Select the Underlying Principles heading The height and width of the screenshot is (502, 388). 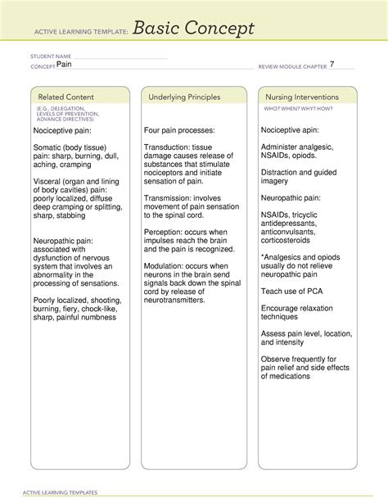pyautogui.click(x=184, y=97)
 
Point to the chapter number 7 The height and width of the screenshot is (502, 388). pyautogui.click(x=332, y=64)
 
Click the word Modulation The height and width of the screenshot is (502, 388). pyautogui.click(x=169, y=266)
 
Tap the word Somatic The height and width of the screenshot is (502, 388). pyautogui.click(x=51, y=147)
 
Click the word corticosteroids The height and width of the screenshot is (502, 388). pyautogui.click(x=291, y=240)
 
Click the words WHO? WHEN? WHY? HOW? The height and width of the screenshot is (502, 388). pyautogui.click(x=297, y=108)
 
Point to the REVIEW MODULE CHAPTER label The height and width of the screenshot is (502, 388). pyautogui.click(x=292, y=66)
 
